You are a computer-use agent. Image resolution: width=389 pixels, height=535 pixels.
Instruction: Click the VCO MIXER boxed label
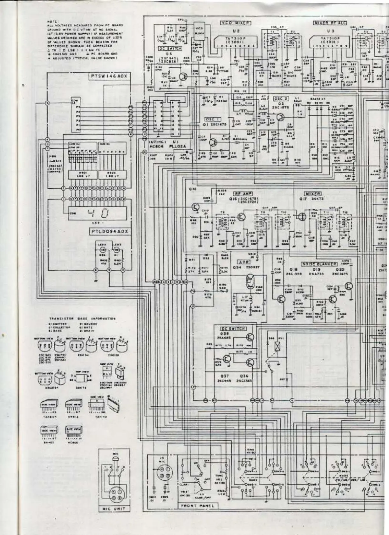[x=235, y=23]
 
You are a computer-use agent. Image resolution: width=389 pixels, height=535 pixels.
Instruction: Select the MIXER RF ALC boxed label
[x=330, y=23]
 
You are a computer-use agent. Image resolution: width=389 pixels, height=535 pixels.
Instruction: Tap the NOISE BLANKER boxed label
[x=319, y=264]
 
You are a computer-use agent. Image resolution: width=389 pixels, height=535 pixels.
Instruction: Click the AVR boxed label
[x=244, y=262]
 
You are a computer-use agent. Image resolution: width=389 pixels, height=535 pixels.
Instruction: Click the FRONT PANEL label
[x=197, y=505]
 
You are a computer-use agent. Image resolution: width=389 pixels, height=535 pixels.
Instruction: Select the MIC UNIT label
[x=114, y=509]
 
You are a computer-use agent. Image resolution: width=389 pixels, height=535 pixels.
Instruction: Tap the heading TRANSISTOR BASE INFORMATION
[x=82, y=318]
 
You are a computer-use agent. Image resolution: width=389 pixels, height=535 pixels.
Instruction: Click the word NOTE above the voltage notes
[x=51, y=22]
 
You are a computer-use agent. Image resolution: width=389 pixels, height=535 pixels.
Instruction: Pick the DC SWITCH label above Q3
[x=170, y=49]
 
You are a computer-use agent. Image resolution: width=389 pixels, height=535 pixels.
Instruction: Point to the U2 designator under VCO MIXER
[x=235, y=31]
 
